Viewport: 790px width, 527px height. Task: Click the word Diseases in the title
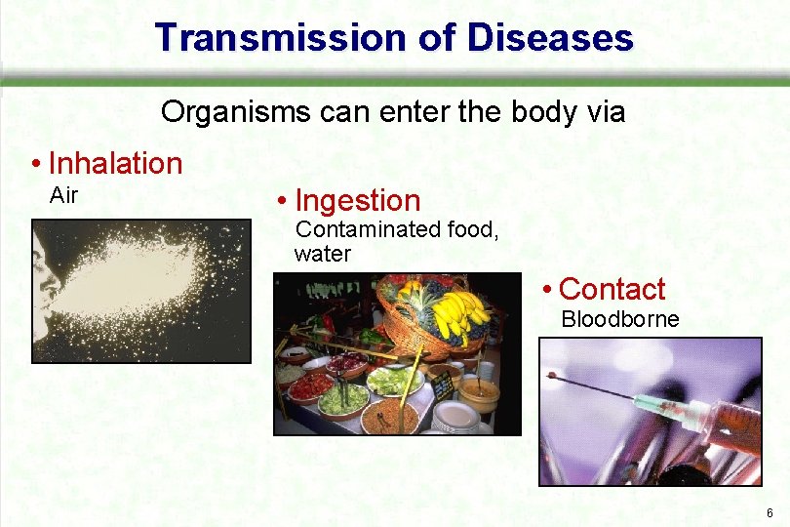(x=551, y=37)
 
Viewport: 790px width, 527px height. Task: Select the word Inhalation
(x=115, y=163)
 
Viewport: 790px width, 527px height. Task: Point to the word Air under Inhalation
(x=63, y=195)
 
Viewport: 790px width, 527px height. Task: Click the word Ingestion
(x=357, y=201)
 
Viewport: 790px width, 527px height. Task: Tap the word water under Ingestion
(x=322, y=254)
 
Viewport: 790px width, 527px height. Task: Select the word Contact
(x=612, y=289)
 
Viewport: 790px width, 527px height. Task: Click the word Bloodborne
(x=619, y=319)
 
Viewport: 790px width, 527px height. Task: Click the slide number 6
(x=770, y=513)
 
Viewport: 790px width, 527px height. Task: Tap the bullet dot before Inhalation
(x=36, y=164)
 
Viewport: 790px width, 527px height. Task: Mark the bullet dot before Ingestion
(x=282, y=202)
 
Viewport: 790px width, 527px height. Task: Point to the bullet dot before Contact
(x=548, y=290)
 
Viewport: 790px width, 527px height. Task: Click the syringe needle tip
(x=552, y=375)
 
